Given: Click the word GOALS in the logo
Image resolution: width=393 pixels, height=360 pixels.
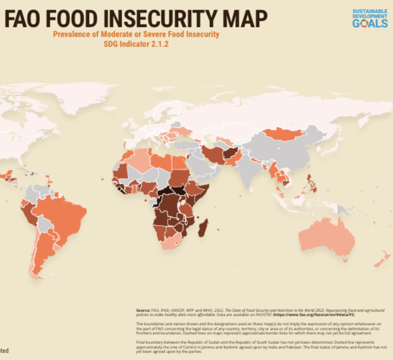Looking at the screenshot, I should point(370,23).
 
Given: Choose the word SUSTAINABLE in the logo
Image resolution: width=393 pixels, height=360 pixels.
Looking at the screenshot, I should point(370,12).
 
